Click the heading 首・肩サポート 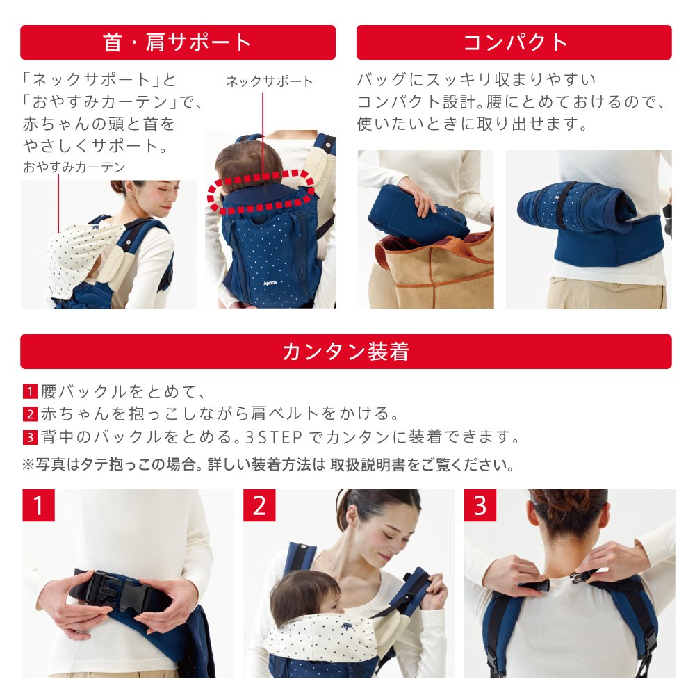(x=177, y=42)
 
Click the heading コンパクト (x=514, y=42)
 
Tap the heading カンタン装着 (x=345, y=352)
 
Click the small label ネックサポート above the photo (x=270, y=81)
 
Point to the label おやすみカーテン (x=74, y=167)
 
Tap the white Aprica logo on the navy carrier (x=270, y=283)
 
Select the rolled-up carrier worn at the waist (x=576, y=208)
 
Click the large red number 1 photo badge (x=38, y=505)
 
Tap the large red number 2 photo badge (x=259, y=505)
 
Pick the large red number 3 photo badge (x=480, y=505)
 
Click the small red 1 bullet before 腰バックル (x=30, y=391)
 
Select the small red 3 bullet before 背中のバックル (x=30, y=437)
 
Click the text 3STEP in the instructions (x=273, y=437)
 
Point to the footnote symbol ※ (x=28, y=464)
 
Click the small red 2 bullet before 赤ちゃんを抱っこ (x=30, y=414)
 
